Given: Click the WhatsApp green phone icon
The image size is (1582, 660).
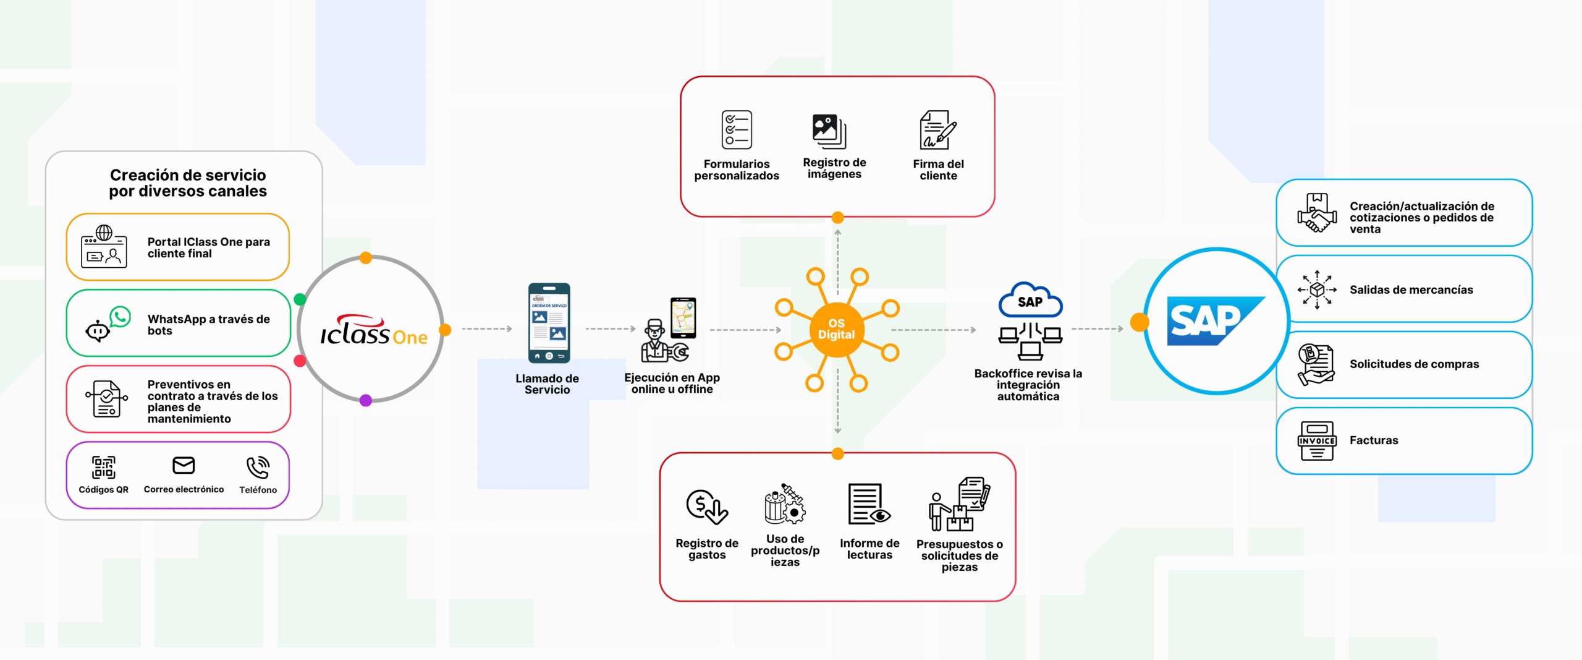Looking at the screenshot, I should coord(120,317).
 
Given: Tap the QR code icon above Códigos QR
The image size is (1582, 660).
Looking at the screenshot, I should coord(103,467).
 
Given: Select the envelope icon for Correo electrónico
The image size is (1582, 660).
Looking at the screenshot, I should coord(184,465).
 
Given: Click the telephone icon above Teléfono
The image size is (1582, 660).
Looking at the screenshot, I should coord(258,468).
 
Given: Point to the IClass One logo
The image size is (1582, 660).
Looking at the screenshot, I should coord(373,332).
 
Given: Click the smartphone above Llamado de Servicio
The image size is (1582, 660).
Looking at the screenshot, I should coord(549,323).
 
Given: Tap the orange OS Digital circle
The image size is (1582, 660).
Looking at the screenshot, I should coord(836,329).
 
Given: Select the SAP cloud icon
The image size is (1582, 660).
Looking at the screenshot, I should coord(1030,301).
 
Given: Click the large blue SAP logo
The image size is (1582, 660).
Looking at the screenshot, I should coord(1214,320).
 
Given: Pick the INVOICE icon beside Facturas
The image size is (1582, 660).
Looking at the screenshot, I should coord(1317,440).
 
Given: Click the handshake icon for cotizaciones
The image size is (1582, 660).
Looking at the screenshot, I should coord(1316,213).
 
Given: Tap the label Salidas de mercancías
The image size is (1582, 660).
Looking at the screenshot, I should coord(1411,289).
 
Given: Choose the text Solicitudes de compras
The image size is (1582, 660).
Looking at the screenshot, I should coord(1414,364).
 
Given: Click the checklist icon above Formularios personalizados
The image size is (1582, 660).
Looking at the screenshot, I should coord(737,130).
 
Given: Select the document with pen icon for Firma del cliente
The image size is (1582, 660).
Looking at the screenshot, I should coord(937,130).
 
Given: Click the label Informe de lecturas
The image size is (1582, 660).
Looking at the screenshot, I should coord(869,549).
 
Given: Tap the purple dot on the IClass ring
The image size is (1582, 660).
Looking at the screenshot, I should coord(366,400).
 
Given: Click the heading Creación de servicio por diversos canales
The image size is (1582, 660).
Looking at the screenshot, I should coord(188,183).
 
